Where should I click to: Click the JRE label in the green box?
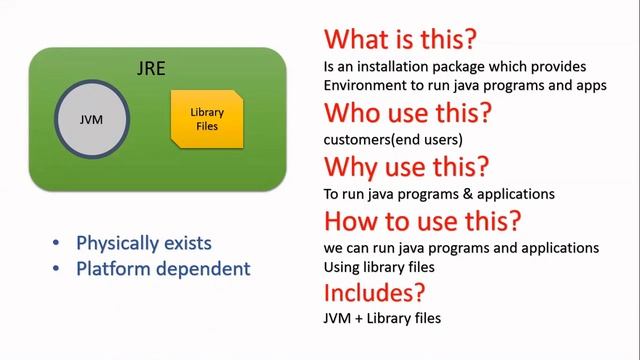tap(150, 69)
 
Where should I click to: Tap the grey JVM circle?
tap(91, 121)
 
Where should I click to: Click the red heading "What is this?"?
tap(399, 40)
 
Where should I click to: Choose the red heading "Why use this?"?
tap(405, 165)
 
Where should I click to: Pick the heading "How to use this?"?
tap(423, 219)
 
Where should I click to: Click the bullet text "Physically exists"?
tap(144, 244)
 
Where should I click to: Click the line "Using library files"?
tap(380, 266)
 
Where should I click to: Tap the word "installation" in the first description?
tap(394, 66)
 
